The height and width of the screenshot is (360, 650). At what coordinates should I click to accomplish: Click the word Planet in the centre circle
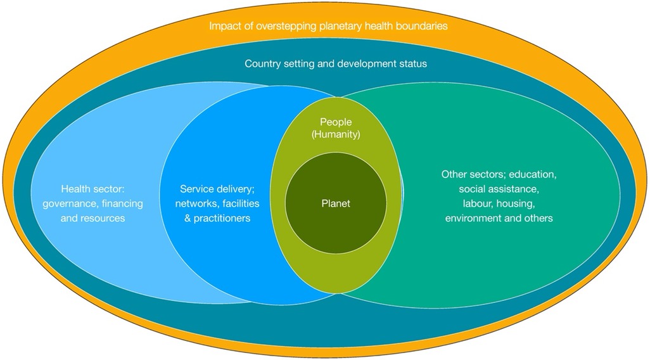335,203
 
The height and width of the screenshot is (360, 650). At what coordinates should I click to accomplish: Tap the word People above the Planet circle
335,121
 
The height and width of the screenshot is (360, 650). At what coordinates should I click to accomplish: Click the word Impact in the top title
224,27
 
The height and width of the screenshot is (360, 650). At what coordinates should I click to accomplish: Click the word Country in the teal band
262,64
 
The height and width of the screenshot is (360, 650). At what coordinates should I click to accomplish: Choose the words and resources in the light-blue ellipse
92,218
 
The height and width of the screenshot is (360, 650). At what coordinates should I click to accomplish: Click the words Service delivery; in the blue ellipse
216,188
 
